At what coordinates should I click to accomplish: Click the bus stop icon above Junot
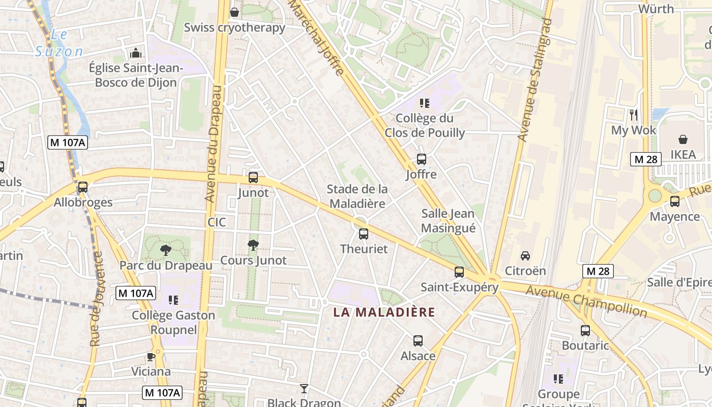[253, 178]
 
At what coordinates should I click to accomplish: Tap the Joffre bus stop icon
[422, 159]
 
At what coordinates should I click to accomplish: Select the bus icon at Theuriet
[364, 234]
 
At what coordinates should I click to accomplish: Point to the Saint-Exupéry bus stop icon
[459, 272]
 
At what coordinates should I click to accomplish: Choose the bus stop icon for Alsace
[418, 341]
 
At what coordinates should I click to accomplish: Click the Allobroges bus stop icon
[83, 187]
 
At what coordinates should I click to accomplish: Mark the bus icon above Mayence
[675, 201]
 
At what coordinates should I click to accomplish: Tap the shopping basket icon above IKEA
[683, 139]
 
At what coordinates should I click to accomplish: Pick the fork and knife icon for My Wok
[633, 115]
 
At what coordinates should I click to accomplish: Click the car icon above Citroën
[525, 255]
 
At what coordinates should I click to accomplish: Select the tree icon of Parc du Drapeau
[165, 250]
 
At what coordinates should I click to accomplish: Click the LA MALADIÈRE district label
[384, 312]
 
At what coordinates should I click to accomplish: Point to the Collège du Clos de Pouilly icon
[425, 103]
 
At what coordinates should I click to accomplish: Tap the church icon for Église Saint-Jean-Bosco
[136, 53]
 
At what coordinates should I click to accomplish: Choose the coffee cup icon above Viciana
[151, 356]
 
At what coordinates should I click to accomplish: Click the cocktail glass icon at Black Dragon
[304, 389]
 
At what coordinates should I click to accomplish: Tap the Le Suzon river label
[59, 43]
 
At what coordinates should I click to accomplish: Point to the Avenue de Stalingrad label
[534, 80]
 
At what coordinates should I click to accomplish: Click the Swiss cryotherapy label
[234, 27]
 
